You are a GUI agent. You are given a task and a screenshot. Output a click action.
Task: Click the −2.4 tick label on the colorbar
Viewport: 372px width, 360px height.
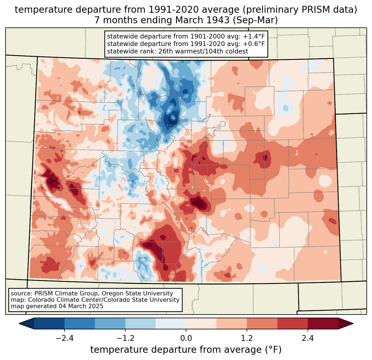click(64, 338)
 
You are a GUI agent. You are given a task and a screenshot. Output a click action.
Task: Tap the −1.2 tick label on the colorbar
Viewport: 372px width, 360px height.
click(125, 338)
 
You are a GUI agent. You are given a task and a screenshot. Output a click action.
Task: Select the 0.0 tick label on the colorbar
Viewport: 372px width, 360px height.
click(186, 338)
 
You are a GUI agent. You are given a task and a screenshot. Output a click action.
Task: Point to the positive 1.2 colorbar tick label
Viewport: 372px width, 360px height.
click(247, 338)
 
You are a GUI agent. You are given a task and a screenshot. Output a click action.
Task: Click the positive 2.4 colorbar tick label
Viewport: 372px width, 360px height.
click(308, 338)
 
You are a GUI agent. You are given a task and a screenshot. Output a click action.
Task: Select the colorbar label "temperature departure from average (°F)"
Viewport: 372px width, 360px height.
click(186, 350)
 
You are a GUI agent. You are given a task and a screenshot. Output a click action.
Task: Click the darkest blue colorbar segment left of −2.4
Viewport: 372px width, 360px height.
click(49, 323)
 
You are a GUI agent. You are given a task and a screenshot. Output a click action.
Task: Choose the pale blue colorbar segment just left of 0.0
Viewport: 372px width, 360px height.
click(170, 323)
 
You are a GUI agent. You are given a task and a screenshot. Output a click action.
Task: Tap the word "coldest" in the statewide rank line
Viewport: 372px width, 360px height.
click(237, 51)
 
